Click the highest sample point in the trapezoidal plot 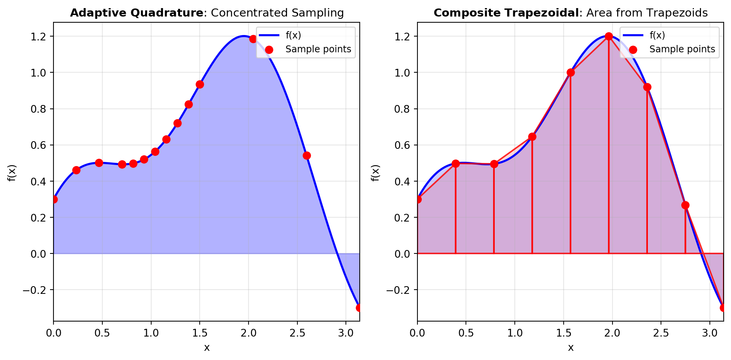pyautogui.click(x=609, y=36)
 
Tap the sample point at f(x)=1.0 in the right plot pyautogui.click(x=571, y=72)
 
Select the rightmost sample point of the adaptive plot pyautogui.click(x=359, y=308)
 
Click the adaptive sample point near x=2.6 pyautogui.click(x=307, y=155)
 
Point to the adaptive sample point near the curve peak pyautogui.click(x=253, y=39)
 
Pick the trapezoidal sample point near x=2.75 pyautogui.click(x=685, y=205)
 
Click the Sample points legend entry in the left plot pyautogui.click(x=318, y=49)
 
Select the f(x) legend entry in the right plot pyautogui.click(x=657, y=35)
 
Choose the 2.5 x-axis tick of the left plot pyautogui.click(x=297, y=333)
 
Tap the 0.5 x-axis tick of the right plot pyautogui.click(x=466, y=333)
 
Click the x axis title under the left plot pyautogui.click(x=207, y=348)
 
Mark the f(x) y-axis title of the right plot pyautogui.click(x=376, y=172)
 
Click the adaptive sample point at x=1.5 pyautogui.click(x=200, y=84)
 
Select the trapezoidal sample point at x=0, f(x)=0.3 pyautogui.click(x=418, y=199)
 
